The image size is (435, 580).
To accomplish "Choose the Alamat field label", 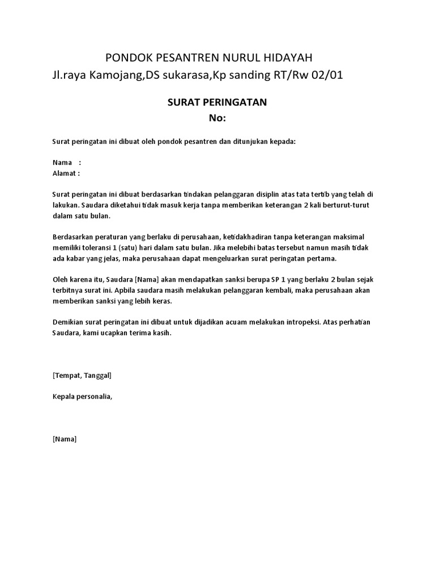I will (65, 173).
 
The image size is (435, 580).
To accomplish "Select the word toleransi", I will (99, 248).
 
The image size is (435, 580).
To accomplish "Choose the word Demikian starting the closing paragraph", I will (68, 323).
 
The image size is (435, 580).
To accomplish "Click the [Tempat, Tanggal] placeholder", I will (81, 376).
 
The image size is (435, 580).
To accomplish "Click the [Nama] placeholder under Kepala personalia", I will (64, 439).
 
